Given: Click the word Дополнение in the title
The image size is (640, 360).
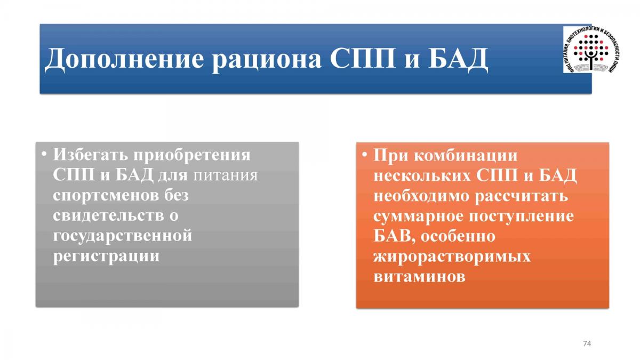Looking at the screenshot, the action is [x=124, y=59].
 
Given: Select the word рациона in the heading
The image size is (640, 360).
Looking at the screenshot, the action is [x=266, y=60].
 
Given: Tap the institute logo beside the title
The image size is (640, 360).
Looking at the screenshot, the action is [x=591, y=50].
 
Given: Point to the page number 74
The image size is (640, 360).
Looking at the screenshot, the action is [x=587, y=343].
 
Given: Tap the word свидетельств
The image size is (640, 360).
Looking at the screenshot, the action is [x=108, y=215].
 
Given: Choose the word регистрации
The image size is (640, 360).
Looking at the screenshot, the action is [x=106, y=257].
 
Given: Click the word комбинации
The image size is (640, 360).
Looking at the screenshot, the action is [x=466, y=156].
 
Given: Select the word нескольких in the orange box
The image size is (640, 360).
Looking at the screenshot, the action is [x=422, y=175].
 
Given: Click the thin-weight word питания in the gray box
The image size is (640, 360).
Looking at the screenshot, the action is [x=226, y=175].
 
